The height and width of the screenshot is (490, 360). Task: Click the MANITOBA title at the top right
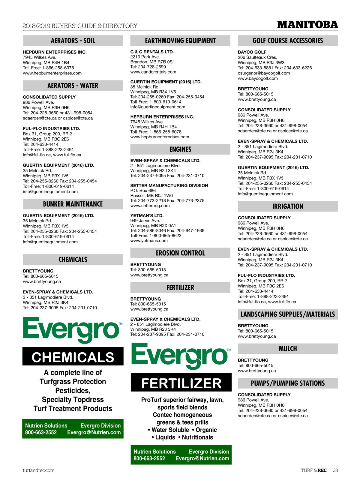[x=307, y=25]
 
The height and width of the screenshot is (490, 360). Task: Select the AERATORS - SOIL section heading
[x=73, y=41]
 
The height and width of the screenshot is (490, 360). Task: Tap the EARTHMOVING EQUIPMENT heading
[x=180, y=41]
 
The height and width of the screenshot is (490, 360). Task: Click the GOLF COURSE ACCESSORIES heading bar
[x=287, y=41]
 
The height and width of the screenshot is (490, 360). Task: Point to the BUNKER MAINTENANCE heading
[x=73, y=204]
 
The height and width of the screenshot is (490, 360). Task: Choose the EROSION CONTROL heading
[x=180, y=253]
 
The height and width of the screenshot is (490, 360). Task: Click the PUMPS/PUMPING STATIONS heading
[x=287, y=383]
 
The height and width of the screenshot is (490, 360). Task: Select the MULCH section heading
[x=287, y=349]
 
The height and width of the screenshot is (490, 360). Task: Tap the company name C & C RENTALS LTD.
[x=152, y=52]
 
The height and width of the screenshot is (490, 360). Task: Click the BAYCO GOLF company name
[x=252, y=52]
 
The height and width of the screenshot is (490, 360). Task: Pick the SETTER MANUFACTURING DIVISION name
[x=169, y=185]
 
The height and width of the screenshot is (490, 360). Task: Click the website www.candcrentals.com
[x=153, y=72]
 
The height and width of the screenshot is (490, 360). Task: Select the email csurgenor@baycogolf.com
[x=264, y=73]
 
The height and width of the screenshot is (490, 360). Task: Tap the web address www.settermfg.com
[x=150, y=206]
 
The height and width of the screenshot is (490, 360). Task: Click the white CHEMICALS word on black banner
[x=73, y=357]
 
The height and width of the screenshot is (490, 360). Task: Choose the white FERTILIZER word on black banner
[x=181, y=383]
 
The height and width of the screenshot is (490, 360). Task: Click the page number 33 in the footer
[x=335, y=470]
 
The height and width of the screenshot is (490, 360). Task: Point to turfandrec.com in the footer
[x=38, y=470]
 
